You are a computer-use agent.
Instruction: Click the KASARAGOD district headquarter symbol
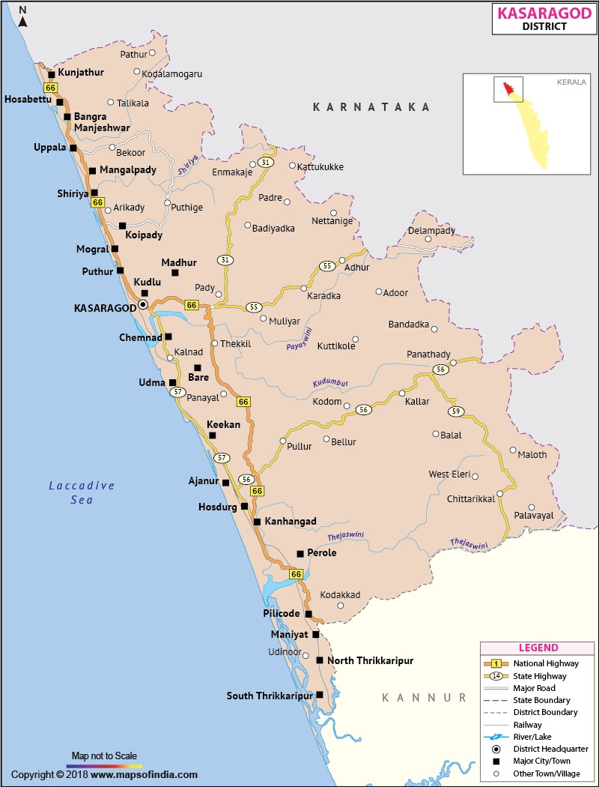[142, 305]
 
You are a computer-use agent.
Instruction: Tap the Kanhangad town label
[290, 522]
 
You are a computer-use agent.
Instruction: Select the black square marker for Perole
[300, 553]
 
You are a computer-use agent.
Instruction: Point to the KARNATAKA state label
[371, 107]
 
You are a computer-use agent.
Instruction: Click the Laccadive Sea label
[82, 492]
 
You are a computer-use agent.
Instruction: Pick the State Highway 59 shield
[455, 411]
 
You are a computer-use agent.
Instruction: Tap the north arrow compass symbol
[23, 16]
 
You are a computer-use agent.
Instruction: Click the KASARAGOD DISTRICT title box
[544, 18]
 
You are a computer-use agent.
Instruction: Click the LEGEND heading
[538, 648]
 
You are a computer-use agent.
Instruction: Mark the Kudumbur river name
[330, 383]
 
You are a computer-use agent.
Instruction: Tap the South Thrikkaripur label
[269, 696]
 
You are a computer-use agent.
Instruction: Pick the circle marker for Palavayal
[532, 507]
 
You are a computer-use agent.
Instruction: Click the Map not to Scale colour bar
[104, 767]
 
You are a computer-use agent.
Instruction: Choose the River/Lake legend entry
[534, 737]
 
